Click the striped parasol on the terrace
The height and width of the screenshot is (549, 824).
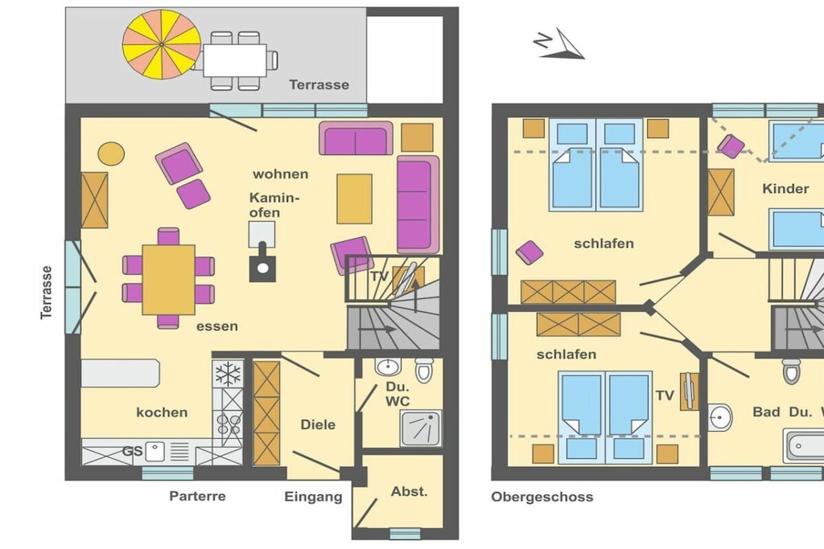tap(161, 44)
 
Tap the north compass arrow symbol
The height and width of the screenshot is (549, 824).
tap(559, 43)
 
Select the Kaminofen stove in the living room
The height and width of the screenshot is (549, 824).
tap(262, 252)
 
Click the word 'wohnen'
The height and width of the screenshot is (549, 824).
tap(280, 174)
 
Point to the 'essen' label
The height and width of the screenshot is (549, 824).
tap(217, 326)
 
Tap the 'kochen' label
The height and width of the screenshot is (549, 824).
tap(162, 412)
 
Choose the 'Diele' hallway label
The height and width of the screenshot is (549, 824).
tap(318, 424)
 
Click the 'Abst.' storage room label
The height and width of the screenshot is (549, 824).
tap(409, 491)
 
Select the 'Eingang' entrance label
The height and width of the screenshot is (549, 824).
tap(313, 497)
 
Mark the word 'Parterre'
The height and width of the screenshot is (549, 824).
tap(198, 496)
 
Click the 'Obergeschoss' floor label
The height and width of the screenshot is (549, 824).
tap(542, 497)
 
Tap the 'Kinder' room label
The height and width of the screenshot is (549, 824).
tap(785, 188)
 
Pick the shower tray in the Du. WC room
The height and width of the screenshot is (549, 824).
tap(421, 428)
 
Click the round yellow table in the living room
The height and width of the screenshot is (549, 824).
tap(111, 154)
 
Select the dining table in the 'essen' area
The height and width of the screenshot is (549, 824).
tap(168, 279)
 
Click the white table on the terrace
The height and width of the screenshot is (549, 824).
tap(235, 60)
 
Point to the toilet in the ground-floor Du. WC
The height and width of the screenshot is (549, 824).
tap(424, 370)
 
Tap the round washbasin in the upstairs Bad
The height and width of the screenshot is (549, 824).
tap(720, 417)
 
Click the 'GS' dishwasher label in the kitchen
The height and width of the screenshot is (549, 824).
tap(133, 452)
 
